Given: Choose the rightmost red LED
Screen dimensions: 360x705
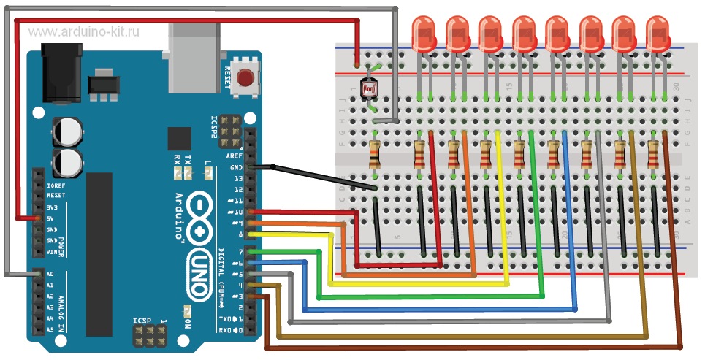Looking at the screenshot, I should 659,35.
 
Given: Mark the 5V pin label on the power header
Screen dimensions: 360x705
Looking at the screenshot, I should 50,218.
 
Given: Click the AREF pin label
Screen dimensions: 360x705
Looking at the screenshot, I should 235,156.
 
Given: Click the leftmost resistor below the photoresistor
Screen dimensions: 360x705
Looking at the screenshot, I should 375,154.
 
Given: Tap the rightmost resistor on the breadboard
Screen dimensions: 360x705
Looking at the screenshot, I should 654,154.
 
